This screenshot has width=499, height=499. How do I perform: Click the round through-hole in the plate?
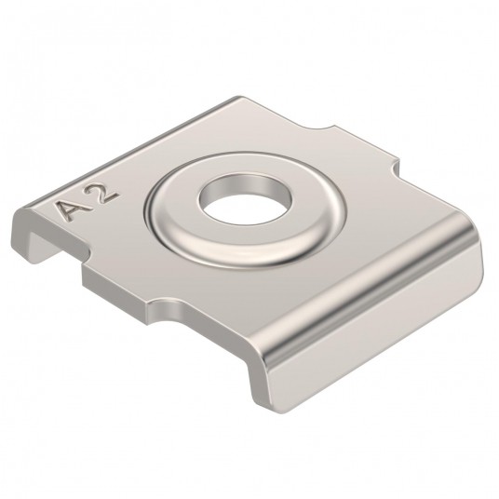245,199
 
